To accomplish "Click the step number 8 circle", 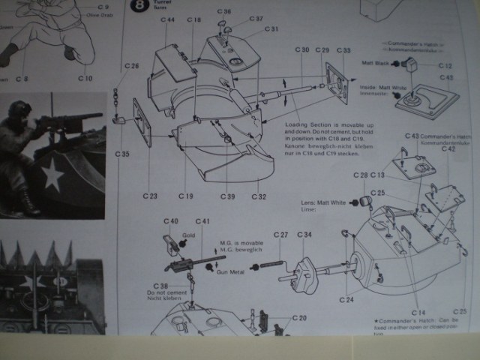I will (138, 7).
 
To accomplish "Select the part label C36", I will (224, 11).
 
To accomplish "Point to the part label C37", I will (256, 19).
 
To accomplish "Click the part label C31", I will (271, 29).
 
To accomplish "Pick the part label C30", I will (302, 49).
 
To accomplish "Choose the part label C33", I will (343, 49).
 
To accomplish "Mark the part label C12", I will (445, 66).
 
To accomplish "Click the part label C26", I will (132, 67).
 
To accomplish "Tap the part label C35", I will (123, 154).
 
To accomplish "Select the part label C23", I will (151, 196).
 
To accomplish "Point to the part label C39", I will (228, 196).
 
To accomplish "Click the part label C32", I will (259, 196).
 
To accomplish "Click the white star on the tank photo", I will (52, 176).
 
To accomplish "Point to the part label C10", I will (85, 78).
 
